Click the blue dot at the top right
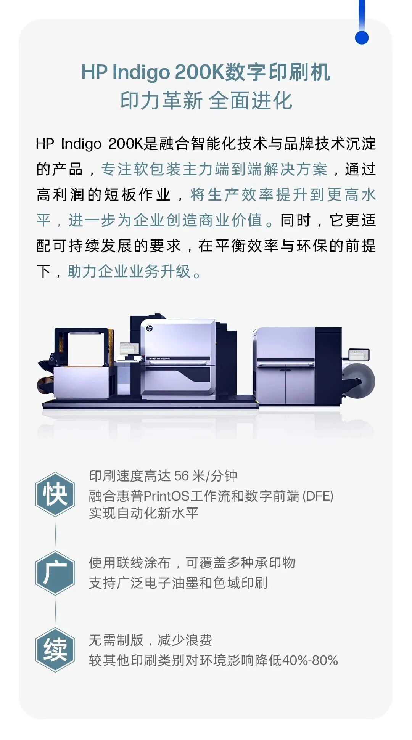pos(361,38)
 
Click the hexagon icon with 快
pos(55,494)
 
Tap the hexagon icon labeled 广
pos(55,573)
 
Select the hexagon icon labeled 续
pos(55,650)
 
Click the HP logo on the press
pos(150,328)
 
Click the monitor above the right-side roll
pos(359,355)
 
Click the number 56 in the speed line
pos(182,476)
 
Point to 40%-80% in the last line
pos(310,660)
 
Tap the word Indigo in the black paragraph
pos(81,144)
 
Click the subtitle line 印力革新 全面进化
pos(206,101)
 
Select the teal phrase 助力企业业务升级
pos(129,271)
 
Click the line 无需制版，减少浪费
pos(150,640)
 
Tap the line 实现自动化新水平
pos(143,513)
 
